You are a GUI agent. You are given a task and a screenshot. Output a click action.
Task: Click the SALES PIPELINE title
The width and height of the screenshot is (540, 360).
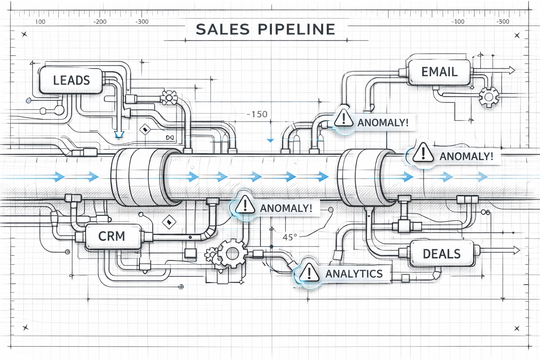click(265, 29)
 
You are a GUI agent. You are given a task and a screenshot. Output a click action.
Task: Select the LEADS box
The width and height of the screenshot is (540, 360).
click(71, 80)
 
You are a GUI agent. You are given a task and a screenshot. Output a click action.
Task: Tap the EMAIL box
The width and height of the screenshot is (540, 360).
click(439, 72)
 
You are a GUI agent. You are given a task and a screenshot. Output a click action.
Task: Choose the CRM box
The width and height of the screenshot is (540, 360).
click(112, 236)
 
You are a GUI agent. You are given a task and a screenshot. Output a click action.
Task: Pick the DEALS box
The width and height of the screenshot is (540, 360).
click(442, 253)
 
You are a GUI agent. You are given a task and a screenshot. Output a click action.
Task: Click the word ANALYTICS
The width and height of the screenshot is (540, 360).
click(354, 274)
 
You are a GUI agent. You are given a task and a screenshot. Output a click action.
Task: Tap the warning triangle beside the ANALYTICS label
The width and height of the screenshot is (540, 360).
click(309, 272)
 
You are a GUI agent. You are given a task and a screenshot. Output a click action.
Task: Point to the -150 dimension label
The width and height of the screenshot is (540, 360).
click(257, 114)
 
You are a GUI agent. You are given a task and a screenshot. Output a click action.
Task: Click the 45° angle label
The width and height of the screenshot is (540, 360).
click(290, 237)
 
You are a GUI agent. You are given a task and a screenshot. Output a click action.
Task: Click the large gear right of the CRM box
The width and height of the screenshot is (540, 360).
click(232, 253)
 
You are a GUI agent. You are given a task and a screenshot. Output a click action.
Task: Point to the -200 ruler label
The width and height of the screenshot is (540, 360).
click(99, 22)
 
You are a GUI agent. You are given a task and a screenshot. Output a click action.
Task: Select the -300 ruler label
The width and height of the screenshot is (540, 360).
click(142, 22)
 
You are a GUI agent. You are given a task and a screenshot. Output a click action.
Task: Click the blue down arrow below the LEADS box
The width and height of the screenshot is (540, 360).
click(119, 134)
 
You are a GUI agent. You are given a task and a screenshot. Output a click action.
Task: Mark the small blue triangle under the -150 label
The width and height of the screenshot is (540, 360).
click(270, 141)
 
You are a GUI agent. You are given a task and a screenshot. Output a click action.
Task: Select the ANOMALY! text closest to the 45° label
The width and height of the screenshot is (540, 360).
click(286, 208)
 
